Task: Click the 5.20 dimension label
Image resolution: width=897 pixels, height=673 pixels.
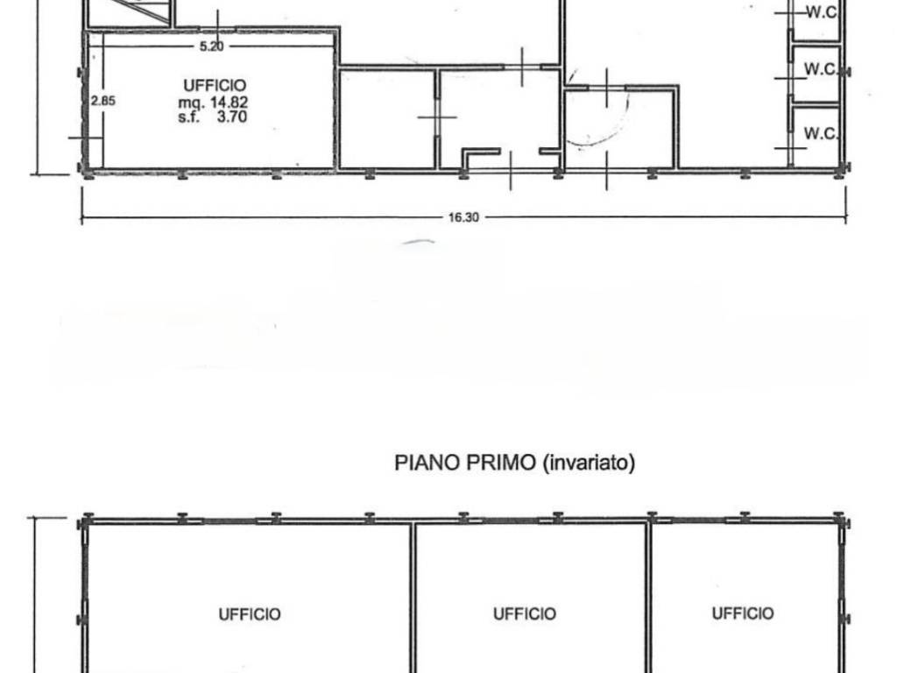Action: click(212, 46)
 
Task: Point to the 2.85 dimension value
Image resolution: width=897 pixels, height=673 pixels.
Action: click(103, 101)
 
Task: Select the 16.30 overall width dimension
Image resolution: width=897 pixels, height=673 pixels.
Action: click(463, 217)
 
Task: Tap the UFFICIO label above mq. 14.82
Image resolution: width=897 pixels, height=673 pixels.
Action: click(215, 85)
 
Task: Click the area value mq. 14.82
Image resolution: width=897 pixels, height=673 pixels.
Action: click(213, 103)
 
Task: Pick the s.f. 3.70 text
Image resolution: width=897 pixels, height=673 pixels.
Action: click(213, 117)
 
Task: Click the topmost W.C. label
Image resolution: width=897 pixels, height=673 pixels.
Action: click(822, 12)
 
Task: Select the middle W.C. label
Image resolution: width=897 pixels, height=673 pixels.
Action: click(821, 68)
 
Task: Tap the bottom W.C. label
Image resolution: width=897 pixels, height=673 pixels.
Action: click(821, 133)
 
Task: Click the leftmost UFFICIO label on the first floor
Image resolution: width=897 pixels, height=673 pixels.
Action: click(250, 614)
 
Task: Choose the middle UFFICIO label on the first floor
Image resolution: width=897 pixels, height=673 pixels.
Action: click(525, 614)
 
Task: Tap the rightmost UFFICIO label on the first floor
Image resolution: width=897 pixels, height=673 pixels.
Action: click(743, 613)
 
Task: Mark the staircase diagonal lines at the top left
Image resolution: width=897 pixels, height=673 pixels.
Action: click(146, 11)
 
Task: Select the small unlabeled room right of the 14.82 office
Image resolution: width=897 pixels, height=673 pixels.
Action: click(388, 119)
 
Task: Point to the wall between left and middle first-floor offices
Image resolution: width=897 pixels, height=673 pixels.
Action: click(413, 598)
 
